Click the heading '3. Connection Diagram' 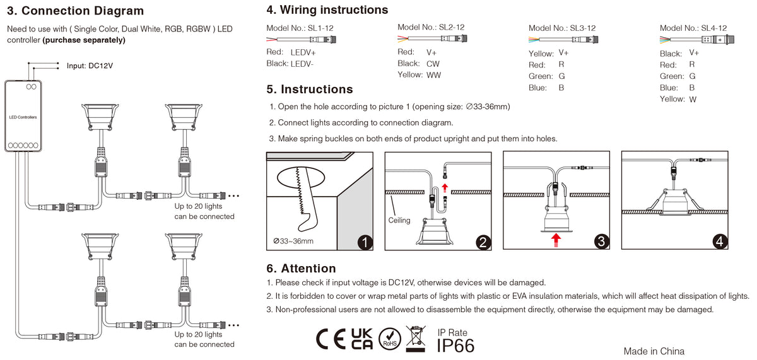[75, 11]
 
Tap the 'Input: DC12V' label [90, 66]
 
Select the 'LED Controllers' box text [23, 118]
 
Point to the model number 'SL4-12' [713, 28]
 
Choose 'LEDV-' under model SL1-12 [302, 64]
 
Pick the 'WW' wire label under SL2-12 [433, 75]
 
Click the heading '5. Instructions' [310, 90]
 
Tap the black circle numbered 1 [365, 241]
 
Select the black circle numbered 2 [483, 241]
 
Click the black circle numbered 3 [601, 241]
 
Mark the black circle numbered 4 [720, 241]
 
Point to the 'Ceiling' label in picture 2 [399, 220]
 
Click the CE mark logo [330, 339]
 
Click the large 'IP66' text [455, 345]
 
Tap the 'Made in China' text [654, 351]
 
